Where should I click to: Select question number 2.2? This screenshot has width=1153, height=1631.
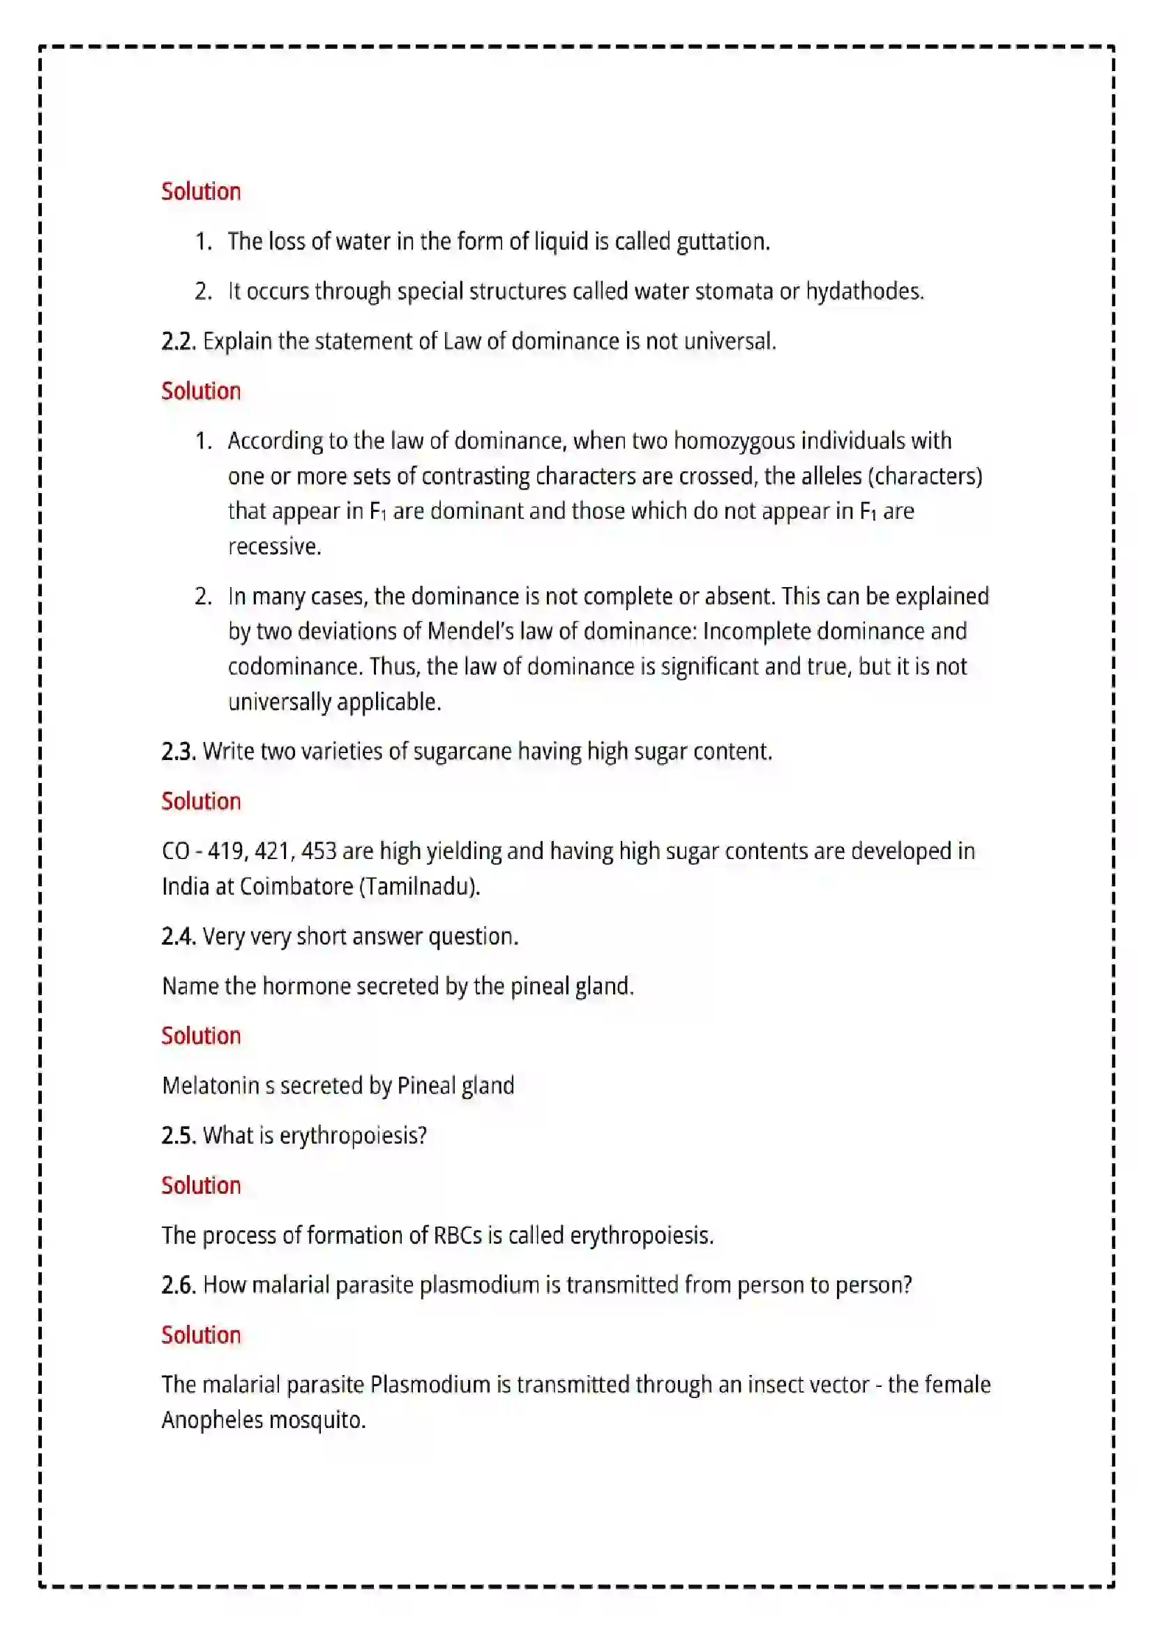[179, 342]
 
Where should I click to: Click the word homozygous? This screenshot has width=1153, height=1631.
[734, 441]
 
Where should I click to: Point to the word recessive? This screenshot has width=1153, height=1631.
[274, 546]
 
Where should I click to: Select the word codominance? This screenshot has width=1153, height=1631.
[295, 667]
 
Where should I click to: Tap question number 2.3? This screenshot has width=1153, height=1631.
[179, 752]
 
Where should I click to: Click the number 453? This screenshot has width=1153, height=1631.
[318, 851]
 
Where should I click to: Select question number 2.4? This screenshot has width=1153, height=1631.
[179, 936]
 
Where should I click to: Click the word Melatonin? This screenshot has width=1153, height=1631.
[210, 1086]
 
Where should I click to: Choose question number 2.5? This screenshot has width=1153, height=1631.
[179, 1135]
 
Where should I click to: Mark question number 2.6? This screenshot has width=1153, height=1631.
[179, 1285]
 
